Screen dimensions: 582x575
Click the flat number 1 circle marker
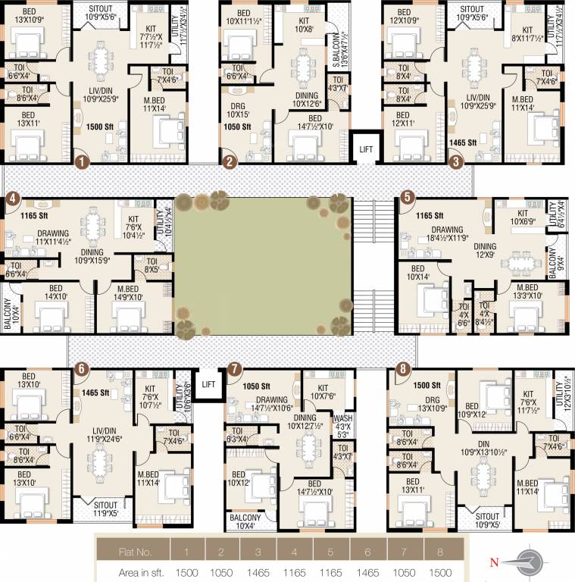pyautogui.click(x=83, y=160)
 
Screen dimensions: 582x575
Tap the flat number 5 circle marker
pyautogui.click(x=408, y=197)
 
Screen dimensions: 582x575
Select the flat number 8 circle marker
pyautogui.click(x=402, y=369)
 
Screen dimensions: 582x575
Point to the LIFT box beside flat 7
pyautogui.click(x=208, y=383)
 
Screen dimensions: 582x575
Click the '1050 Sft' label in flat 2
pyautogui.click(x=237, y=127)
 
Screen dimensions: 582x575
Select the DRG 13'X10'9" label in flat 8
pyautogui.click(x=432, y=402)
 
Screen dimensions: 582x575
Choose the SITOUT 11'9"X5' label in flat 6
pyautogui.click(x=105, y=508)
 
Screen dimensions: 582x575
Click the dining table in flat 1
pyautogui.click(x=99, y=63)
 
